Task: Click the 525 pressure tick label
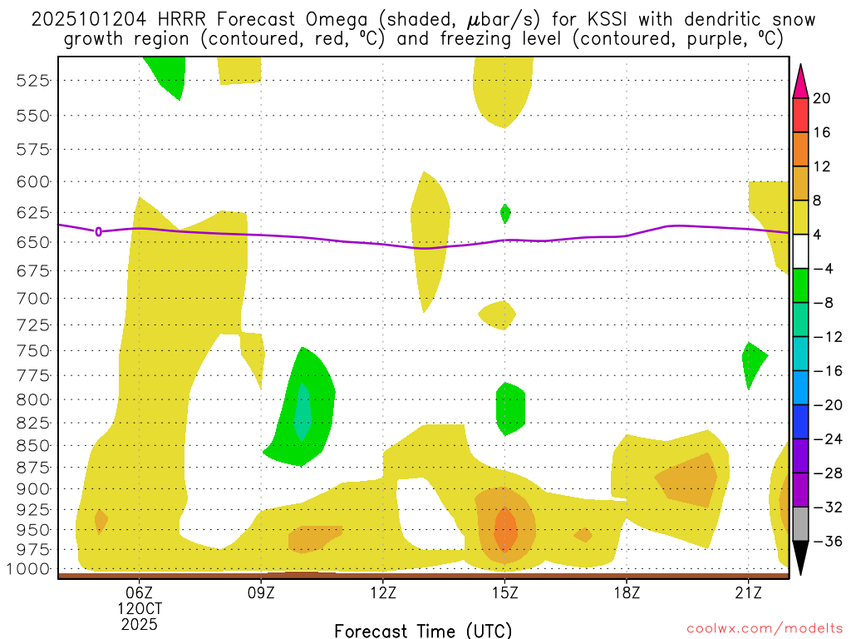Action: coord(34,81)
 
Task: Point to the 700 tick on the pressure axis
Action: coord(34,298)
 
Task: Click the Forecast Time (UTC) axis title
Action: coord(423,630)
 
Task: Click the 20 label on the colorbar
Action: coord(822,98)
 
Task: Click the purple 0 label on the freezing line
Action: coord(99,231)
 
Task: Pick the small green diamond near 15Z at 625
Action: coord(505,214)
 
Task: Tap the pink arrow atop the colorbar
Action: coord(800,81)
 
